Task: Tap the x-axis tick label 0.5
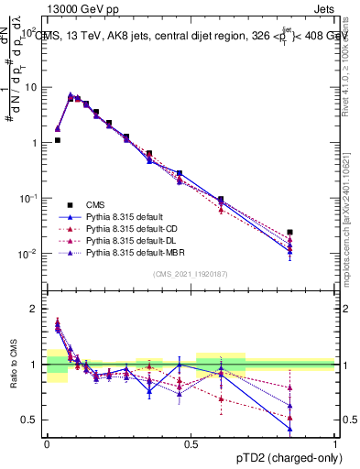tap(191, 442)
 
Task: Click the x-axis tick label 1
tap(335, 442)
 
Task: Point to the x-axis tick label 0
tap(47, 442)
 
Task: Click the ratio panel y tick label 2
tap(34, 310)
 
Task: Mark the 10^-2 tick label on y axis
tap(28, 254)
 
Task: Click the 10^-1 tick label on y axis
tap(28, 198)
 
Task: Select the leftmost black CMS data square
tap(58, 140)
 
